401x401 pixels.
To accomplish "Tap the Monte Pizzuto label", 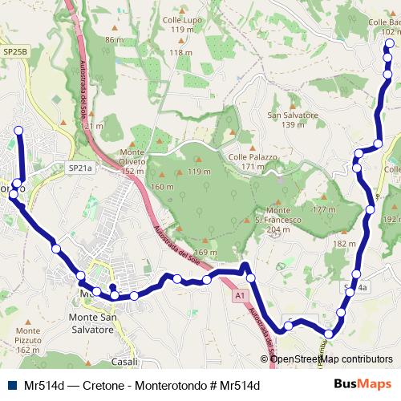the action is pos(27,335).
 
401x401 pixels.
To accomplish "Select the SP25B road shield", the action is pos(14,51).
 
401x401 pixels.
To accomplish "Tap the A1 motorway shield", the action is pos(240,296).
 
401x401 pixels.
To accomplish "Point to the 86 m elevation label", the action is pos(114,39).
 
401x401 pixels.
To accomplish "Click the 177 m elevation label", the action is pos(324,209).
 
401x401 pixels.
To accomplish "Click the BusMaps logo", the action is pos(363,384).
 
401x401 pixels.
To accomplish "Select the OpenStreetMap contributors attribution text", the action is pos(332,359).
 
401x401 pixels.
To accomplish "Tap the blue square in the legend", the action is pos(10,385).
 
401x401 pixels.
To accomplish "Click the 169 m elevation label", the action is pos(205,253).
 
